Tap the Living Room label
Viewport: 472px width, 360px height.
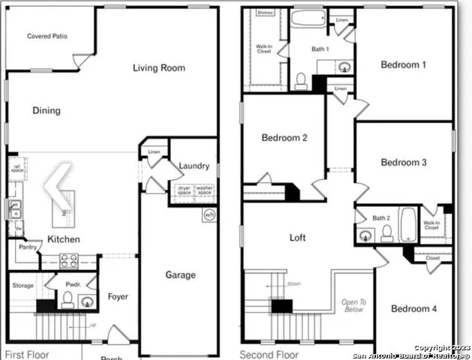point(159,68)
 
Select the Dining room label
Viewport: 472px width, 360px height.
point(47,111)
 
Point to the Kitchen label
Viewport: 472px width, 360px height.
point(65,239)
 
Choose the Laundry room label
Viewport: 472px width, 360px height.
point(194,166)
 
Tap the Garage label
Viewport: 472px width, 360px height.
point(180,275)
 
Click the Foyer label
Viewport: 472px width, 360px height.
point(118,296)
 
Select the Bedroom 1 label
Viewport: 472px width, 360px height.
point(404,65)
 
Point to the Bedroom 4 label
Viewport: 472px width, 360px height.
point(413,309)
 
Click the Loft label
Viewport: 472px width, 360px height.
point(299,238)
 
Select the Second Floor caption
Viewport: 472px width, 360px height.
point(269,353)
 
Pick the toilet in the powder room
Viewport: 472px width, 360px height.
point(67,300)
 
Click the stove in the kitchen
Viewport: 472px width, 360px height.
point(69,261)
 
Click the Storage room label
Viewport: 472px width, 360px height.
point(23,286)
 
